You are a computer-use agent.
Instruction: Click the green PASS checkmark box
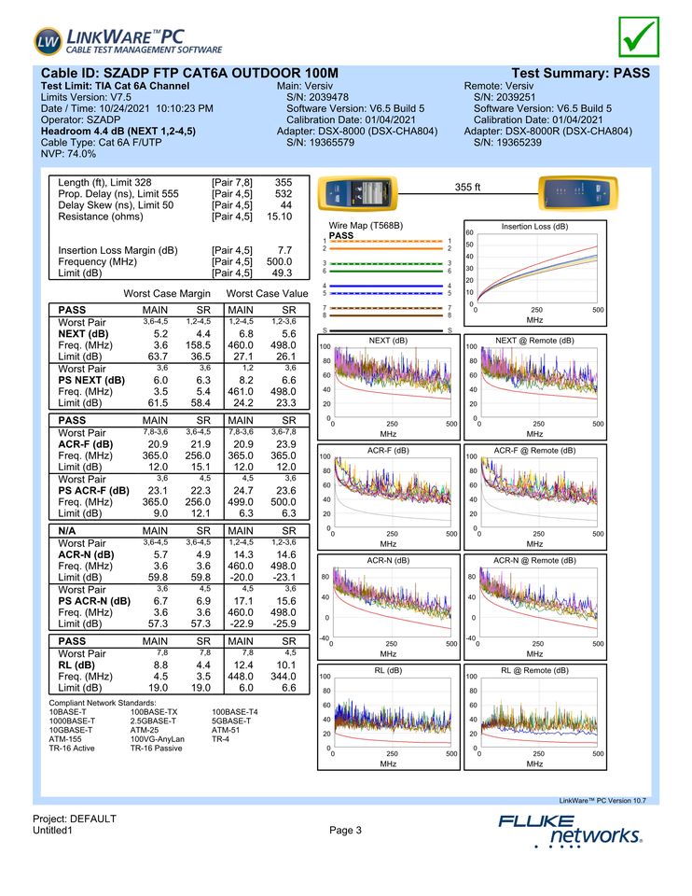[638, 35]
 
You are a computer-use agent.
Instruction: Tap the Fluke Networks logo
[570, 829]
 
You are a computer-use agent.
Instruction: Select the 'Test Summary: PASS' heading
[580, 73]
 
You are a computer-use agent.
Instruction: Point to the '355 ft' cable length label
[467, 188]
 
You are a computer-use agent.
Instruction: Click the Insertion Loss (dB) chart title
[534, 226]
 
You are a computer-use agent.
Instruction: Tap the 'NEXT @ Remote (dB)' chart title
[534, 341]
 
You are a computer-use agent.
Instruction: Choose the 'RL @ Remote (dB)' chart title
[534, 670]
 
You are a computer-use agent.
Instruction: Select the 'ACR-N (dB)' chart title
[388, 560]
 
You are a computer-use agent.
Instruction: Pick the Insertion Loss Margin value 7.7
[284, 250]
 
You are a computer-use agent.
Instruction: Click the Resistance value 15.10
[280, 217]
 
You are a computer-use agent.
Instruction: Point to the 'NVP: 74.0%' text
[69, 154]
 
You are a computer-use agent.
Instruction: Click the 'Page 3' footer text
[345, 831]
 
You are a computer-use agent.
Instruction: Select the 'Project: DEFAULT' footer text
[75, 819]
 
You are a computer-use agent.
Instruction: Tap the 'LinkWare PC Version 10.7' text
[602, 800]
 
